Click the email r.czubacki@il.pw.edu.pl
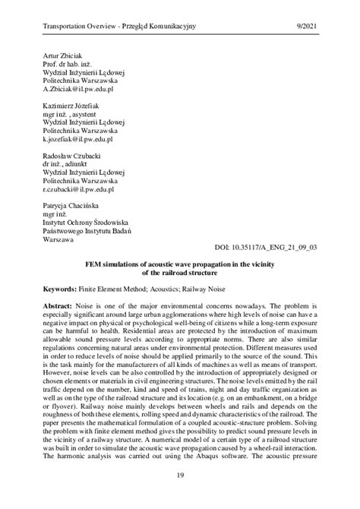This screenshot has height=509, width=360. [x=79, y=190]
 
